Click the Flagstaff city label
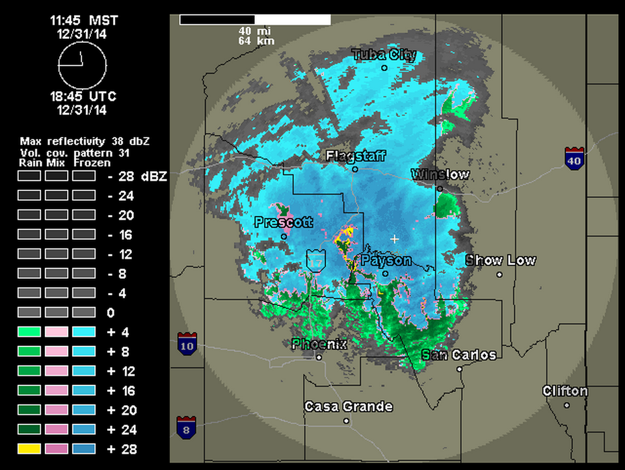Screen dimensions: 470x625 pos(355,156)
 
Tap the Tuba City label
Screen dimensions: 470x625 pos(384,55)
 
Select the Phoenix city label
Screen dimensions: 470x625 pos(319,345)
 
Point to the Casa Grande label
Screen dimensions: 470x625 pos(348,407)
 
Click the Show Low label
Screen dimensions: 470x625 pos(500,260)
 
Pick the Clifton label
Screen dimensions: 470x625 pos(565,391)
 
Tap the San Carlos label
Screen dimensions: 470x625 pos(459,355)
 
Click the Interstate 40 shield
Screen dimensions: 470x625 pos(574,159)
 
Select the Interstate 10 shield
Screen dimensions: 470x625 pos(187,344)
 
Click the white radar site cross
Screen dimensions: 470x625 pos(394,239)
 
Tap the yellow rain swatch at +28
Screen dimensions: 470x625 pos(29,449)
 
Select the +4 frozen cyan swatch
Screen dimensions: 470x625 pos(83,332)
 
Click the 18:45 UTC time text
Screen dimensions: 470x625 pos(83,97)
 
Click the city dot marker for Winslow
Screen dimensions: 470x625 pos(440,189)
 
